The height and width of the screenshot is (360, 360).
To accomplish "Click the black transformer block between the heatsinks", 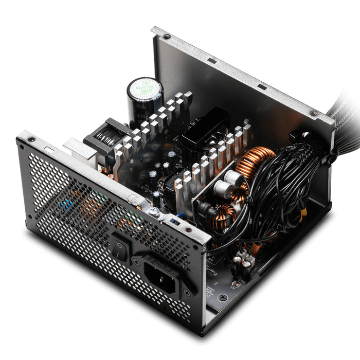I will (x=205, y=127).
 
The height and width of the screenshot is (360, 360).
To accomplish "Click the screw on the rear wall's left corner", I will (x=167, y=37).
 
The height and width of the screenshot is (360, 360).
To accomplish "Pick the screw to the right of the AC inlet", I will (x=187, y=293).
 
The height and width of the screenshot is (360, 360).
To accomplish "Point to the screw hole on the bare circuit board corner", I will (x=222, y=297).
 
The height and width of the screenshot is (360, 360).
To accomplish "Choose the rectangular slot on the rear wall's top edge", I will (x=211, y=61).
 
